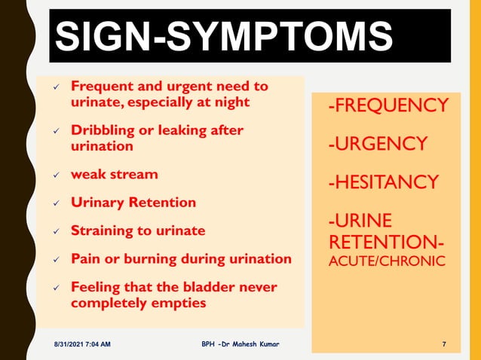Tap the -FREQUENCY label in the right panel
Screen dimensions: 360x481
[388, 105]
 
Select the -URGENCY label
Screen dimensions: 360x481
[378, 143]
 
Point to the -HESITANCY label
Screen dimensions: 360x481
[383, 182]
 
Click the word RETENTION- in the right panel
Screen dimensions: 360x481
[386, 243]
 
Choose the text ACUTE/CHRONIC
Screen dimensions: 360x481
[386, 261]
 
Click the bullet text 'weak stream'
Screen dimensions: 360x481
[115, 175]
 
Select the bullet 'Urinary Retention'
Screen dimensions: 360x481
[133, 203]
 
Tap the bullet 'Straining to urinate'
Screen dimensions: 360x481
[138, 230]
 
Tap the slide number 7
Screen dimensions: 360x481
[443, 344]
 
